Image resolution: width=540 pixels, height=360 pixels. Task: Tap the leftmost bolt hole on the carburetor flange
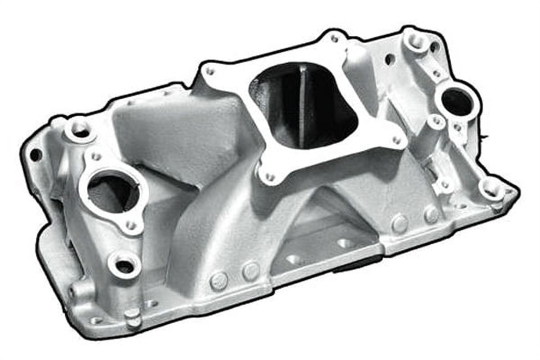(x=209, y=72)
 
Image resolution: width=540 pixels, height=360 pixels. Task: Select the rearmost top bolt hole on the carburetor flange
(x=334, y=39)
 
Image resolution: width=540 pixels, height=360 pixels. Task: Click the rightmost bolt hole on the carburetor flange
(x=396, y=140)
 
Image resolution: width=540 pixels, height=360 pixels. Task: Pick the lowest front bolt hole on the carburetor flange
(x=270, y=177)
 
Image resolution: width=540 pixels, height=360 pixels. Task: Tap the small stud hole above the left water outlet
(x=95, y=157)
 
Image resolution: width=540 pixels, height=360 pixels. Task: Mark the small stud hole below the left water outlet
(x=130, y=224)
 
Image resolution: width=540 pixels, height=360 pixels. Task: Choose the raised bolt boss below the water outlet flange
(x=124, y=265)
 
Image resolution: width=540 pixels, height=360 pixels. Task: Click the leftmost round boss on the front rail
(x=219, y=281)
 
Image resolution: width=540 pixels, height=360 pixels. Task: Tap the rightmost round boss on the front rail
(x=431, y=215)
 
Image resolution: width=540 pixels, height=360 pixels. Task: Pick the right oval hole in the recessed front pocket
(x=345, y=243)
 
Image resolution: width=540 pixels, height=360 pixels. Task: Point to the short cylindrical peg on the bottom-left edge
(x=133, y=318)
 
